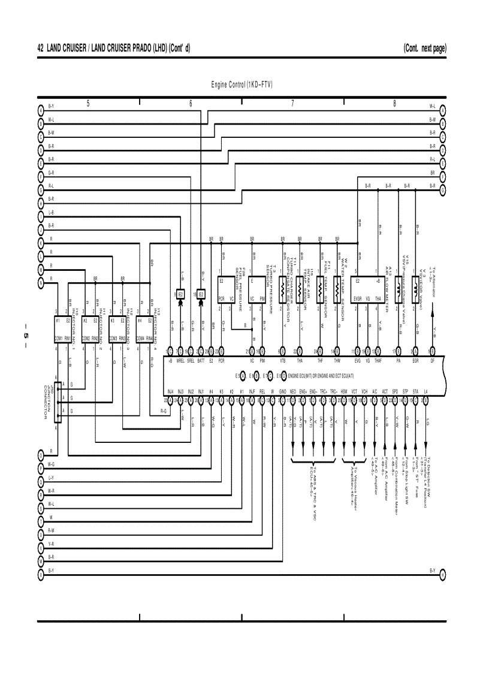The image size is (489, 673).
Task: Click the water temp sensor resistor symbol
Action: click(338, 289)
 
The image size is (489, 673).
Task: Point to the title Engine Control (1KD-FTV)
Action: click(242, 84)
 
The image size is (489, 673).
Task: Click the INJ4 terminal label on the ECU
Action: click(171, 391)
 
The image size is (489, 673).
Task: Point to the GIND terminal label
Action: click(282, 391)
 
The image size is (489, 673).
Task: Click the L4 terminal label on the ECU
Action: click(425, 391)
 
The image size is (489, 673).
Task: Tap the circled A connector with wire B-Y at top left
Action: click(41, 110)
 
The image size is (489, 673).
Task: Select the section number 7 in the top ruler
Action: click(292, 103)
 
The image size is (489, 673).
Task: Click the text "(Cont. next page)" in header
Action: click(424, 48)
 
